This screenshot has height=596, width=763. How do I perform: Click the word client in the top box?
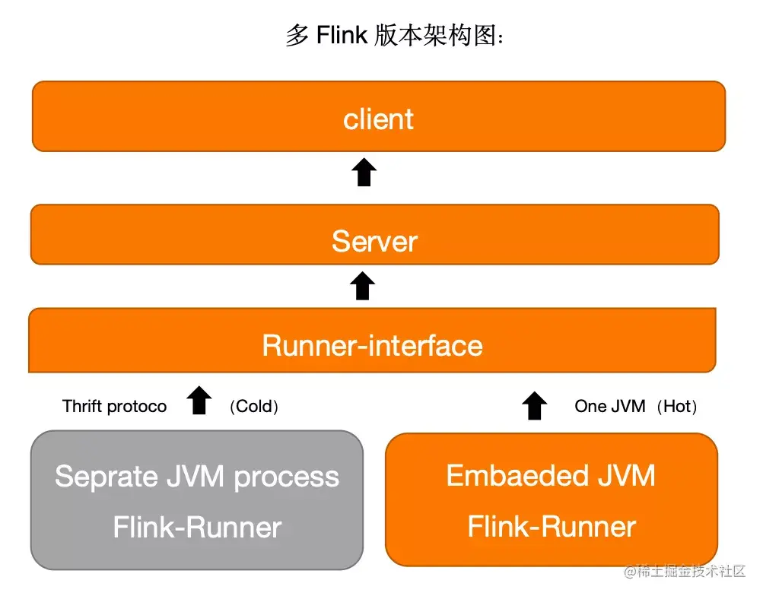pos(378,119)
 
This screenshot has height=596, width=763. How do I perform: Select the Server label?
pos(374,241)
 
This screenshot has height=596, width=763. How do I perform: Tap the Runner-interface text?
pos(372,345)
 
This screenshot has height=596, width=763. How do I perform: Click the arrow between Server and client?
pos(365,173)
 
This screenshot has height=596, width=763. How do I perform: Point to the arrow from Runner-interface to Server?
pos(363,286)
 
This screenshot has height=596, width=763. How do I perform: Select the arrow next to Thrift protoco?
pos(199,401)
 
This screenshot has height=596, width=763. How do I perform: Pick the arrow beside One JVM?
pos(536,406)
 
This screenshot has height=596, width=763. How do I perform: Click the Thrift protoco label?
pos(114,406)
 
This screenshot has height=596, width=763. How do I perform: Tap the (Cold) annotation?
pos(254,406)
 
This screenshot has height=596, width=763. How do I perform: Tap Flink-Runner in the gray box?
pos(197,527)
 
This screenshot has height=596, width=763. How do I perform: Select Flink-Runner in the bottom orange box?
pos(552,526)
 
